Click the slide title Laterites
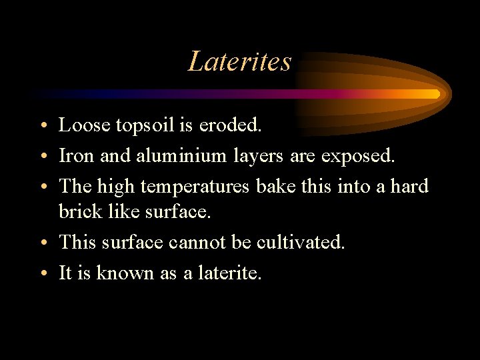click(240, 61)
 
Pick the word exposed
click(359, 156)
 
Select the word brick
click(79, 211)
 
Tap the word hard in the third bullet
click(408, 186)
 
